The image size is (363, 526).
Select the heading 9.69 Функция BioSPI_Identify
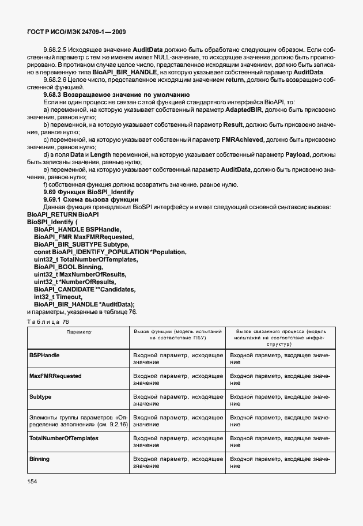[x=89, y=191]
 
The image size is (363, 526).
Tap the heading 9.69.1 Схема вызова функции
[x=90, y=199]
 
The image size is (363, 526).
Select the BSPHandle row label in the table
[x=44, y=355]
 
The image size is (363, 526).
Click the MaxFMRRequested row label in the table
[x=55, y=376]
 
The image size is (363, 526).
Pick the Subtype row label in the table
[x=40, y=397]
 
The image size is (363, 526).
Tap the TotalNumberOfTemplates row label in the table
[x=63, y=438]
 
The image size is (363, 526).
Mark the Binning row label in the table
[x=39, y=459]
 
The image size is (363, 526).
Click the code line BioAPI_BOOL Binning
[x=69, y=267]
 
